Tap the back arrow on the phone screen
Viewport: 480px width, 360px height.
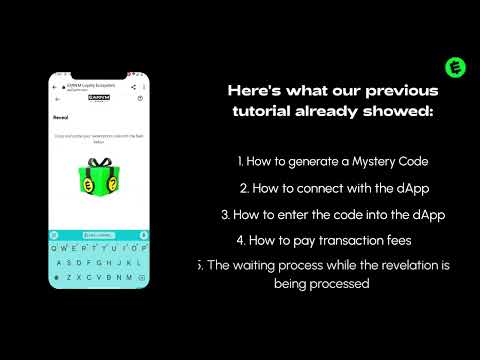click(57, 99)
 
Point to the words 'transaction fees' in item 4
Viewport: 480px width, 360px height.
click(369, 240)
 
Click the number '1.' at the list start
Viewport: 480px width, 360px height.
click(241, 160)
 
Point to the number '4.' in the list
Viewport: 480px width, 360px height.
click(240, 240)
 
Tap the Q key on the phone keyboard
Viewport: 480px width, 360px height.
click(56, 248)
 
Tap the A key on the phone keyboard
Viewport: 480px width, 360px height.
click(60, 262)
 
